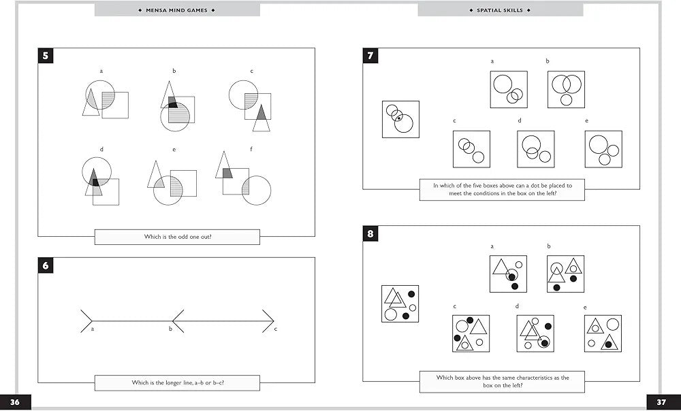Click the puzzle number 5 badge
click(46, 56)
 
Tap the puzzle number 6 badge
click(46, 265)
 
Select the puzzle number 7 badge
click(370, 56)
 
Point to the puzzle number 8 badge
click(370, 234)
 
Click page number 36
click(15, 402)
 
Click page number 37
click(661, 402)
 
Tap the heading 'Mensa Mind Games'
click(177, 10)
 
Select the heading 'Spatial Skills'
click(501, 10)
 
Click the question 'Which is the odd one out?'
click(177, 237)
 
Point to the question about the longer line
click(177, 383)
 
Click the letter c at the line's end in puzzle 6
click(275, 329)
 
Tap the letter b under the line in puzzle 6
click(170, 329)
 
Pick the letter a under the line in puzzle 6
click(92, 329)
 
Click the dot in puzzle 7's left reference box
click(398, 118)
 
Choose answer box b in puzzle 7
click(566, 90)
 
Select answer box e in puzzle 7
click(603, 149)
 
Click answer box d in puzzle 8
click(535, 333)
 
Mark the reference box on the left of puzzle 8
click(400, 303)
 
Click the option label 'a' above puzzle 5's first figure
click(101, 71)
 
